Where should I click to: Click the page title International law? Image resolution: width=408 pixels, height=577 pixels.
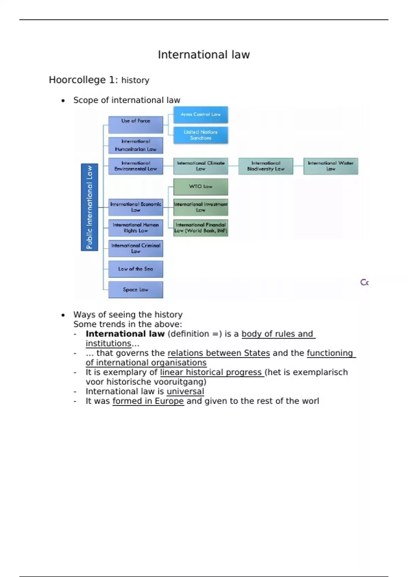pos(204,55)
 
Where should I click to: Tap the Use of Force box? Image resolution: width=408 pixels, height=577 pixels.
pos(136,125)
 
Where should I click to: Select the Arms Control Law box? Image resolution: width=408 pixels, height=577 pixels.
pos(201,115)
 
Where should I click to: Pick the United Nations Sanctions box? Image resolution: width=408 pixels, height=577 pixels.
pos(201,135)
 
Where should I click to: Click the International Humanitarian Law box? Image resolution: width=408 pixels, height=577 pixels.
pos(136,145)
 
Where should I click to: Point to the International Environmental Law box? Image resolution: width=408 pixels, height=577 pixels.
pos(136,166)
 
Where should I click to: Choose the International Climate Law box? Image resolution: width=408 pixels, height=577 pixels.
pos(201,166)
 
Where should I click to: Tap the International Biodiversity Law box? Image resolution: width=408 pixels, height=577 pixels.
pos(266,166)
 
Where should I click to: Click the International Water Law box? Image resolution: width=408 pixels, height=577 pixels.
pos(330,166)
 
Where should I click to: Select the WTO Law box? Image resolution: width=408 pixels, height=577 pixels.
pos(201,187)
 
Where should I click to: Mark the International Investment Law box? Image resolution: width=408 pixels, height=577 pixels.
pos(201,207)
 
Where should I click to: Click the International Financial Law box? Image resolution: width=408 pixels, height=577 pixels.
pos(201,228)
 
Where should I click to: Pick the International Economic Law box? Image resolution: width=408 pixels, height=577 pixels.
pos(136,207)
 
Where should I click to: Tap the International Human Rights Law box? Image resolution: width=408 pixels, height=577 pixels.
pos(136,228)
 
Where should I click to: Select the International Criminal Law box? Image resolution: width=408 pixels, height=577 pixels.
pos(136,248)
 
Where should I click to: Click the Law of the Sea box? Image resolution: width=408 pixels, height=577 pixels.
pos(136,269)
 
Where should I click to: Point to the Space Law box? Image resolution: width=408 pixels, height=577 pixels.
pos(136,290)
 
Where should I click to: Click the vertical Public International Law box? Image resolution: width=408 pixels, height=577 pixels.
pos(89,207)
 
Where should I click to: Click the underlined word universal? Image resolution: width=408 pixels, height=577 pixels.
pos(185,391)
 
